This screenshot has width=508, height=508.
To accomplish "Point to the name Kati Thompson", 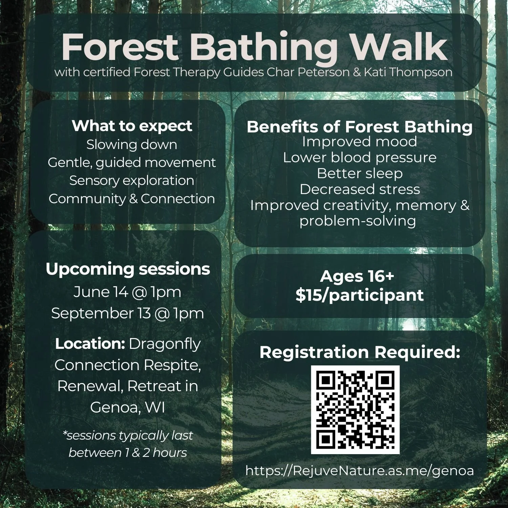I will coord(408,72).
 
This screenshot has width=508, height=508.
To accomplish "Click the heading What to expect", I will coord(132,126).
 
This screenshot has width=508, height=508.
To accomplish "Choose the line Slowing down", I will coord(132,145).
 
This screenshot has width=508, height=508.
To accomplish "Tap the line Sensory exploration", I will coord(132,181).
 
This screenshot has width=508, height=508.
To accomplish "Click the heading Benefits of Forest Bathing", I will coord(359,127).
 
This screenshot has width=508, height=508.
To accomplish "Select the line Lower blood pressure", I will coord(360,157).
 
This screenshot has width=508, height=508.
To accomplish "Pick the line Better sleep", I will coord(360,173).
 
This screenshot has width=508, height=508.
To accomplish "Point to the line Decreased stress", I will coord(360,189).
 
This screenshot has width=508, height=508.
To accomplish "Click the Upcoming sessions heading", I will coord(128,269).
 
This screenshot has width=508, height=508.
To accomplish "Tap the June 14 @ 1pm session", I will coord(127,292).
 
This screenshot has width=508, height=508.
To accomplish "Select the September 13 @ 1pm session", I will coord(128,313).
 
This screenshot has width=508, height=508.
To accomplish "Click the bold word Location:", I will coord(90,344).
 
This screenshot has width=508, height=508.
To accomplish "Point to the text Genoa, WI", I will coord(128,407).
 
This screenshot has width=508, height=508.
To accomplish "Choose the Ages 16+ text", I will coord(357,276).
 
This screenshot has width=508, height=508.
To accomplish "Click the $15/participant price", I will coord(359,295).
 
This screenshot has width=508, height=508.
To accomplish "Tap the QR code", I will coord(355,410).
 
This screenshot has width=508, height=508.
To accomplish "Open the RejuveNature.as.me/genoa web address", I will coord(359,471).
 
